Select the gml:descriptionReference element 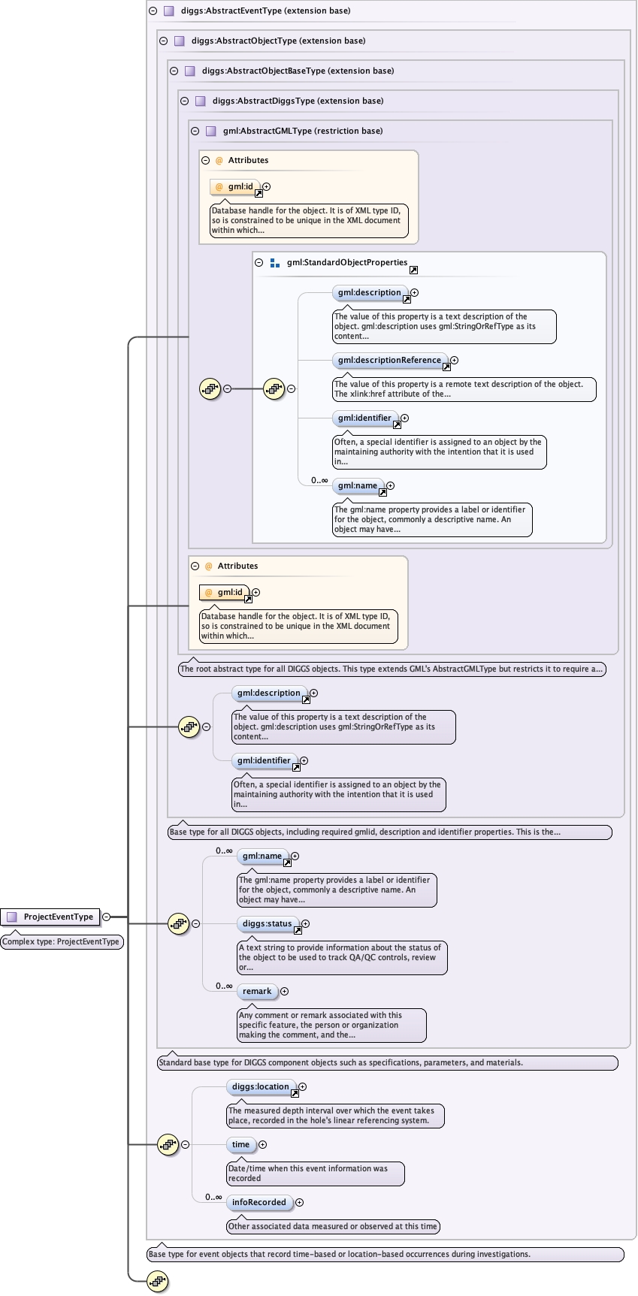[389, 361]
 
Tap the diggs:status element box [267, 924]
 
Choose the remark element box [257, 992]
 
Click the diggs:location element [260, 1087]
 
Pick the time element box [240, 1145]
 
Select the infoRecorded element [259, 1203]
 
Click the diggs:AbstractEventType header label [265, 11]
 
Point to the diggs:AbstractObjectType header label [278, 41]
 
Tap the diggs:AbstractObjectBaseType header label [298, 71]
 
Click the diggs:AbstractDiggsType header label [298, 101]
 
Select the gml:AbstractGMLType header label [302, 131]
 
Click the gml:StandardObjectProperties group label [346, 263]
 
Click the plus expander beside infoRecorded [299, 1203]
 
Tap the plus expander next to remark [284, 992]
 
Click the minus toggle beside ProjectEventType [106, 917]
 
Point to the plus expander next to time [262, 1145]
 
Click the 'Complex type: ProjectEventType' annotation [62, 942]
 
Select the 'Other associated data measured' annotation [333, 1227]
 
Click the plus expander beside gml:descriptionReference [454, 361]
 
